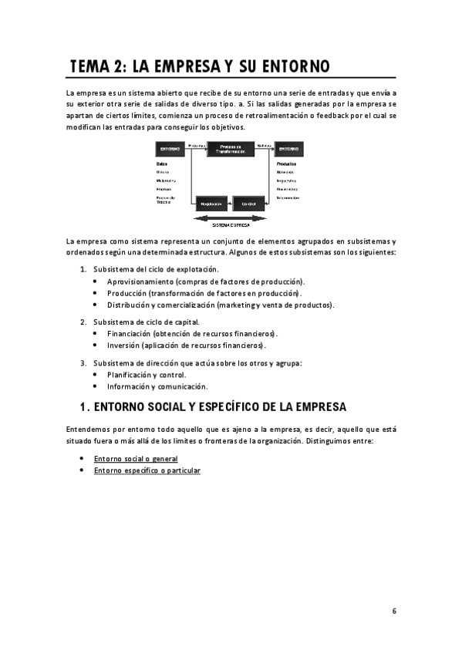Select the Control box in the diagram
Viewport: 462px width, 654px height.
tap(248, 204)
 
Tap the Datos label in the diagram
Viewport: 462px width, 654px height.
tap(161, 163)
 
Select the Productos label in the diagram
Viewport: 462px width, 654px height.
tap(287, 163)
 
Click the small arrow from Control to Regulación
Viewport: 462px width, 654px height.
tap(229, 204)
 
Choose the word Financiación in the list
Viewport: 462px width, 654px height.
tap(128, 333)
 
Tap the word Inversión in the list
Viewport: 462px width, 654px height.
tap(123, 346)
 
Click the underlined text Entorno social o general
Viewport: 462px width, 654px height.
tap(135, 458)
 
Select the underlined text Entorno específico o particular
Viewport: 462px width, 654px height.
tap(147, 470)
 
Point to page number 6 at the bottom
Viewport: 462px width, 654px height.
tap(393, 611)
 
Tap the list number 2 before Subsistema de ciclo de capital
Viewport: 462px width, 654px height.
tap(83, 322)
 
